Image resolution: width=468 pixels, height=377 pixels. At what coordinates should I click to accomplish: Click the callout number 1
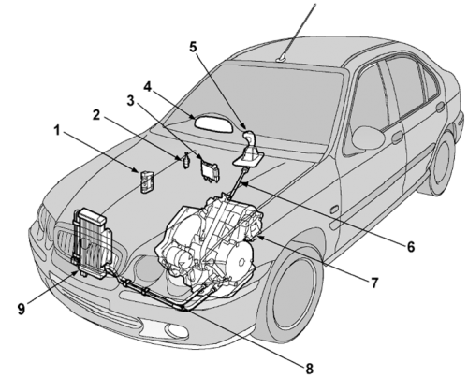click(x=57, y=131)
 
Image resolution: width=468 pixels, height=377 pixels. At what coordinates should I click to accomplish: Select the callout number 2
click(x=96, y=115)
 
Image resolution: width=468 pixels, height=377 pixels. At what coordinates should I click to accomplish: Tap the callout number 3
click(x=131, y=100)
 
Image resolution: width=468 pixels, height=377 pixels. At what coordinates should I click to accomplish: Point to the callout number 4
click(x=147, y=87)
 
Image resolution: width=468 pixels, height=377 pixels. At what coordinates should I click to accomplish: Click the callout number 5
click(x=194, y=47)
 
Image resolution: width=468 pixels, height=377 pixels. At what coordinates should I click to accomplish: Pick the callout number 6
click(x=411, y=247)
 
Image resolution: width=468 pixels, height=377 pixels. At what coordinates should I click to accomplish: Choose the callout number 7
click(x=374, y=283)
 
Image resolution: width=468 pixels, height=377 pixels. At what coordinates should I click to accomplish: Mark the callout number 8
click(x=309, y=369)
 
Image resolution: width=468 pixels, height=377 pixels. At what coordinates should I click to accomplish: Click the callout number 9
click(x=21, y=309)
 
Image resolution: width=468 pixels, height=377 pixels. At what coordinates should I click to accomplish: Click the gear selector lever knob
click(x=248, y=137)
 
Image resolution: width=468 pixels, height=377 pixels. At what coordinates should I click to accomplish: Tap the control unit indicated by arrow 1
click(x=147, y=181)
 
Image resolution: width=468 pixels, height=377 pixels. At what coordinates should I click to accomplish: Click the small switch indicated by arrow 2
click(x=186, y=160)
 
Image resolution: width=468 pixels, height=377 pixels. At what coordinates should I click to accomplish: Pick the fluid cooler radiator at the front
click(x=93, y=243)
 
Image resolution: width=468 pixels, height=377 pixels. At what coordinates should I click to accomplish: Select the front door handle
click(x=397, y=137)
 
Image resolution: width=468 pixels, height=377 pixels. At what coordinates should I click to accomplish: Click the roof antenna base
click(x=283, y=58)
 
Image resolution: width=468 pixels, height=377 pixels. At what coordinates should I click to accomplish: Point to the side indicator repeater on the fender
click(x=335, y=209)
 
